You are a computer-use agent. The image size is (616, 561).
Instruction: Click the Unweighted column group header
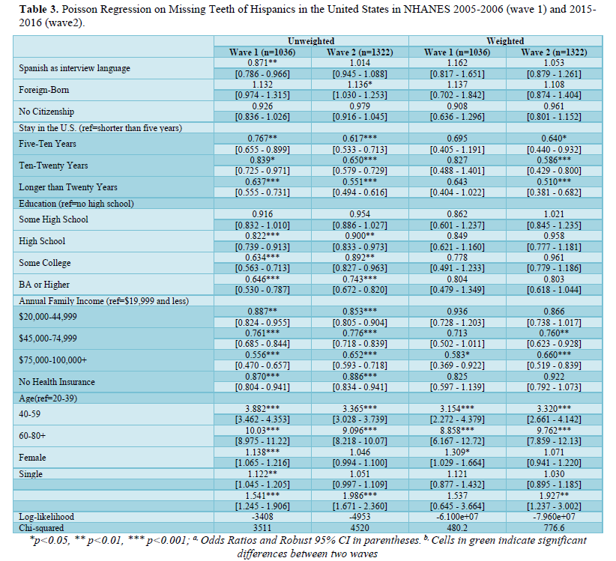[311, 41]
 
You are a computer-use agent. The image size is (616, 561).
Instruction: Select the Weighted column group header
[505, 41]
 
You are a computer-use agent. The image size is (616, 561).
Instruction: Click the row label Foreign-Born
[44, 90]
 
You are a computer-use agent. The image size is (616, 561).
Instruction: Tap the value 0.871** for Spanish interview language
[262, 62]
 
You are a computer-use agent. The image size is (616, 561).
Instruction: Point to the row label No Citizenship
[46, 112]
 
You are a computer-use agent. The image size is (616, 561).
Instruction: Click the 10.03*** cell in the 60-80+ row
[262, 430]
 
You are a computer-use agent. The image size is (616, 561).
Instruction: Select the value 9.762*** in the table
[554, 430]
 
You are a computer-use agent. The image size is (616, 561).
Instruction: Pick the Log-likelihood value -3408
[262, 517]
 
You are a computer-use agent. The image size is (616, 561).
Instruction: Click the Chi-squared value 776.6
[554, 528]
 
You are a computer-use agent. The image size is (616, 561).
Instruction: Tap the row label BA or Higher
[44, 285]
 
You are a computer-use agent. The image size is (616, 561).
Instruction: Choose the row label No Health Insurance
[57, 382]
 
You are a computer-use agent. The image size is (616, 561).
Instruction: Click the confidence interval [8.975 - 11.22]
[262, 441]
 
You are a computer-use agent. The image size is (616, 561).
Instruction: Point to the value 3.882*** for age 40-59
[262, 409]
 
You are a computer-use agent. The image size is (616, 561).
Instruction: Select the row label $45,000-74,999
[48, 339]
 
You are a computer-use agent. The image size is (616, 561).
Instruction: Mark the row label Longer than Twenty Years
[68, 187]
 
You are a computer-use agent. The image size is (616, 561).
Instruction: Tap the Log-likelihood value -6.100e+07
[457, 517]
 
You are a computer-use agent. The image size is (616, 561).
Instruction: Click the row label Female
[32, 458]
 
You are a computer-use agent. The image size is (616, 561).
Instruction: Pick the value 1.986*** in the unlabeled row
[360, 495]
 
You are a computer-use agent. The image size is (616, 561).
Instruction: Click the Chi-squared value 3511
[262, 528]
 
